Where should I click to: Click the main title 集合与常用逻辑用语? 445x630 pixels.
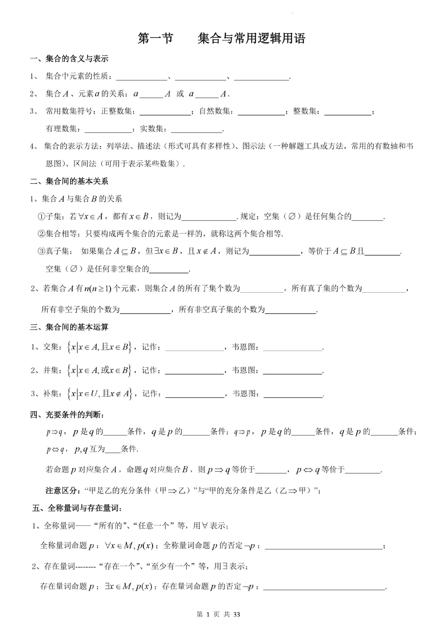point(251,38)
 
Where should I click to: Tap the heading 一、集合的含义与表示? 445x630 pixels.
point(69,59)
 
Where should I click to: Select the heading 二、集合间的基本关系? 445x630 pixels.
point(69,181)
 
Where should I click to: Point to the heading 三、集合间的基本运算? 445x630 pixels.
point(69,327)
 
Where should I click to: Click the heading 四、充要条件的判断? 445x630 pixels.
point(67,415)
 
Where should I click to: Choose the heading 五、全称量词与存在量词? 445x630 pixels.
point(77,508)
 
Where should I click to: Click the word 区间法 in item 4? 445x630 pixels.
point(85,164)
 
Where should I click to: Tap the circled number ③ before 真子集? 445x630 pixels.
point(41,251)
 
